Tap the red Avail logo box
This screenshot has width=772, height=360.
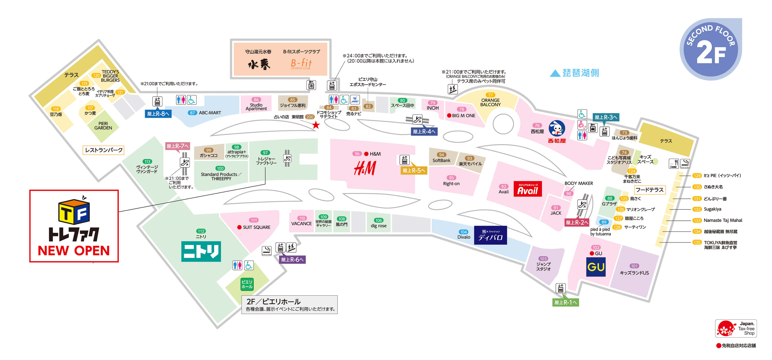point(527,189)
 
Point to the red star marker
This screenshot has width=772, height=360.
point(316,125)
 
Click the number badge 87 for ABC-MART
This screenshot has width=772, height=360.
point(192,113)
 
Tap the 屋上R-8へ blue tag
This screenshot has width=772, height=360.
point(158,114)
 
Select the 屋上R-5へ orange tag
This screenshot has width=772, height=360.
point(414,170)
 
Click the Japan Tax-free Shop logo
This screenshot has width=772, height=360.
point(736,329)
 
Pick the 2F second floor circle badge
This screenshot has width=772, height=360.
point(711,49)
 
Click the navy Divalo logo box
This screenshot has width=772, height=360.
point(490,235)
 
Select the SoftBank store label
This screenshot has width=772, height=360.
point(441,161)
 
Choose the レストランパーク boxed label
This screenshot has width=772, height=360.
point(104,150)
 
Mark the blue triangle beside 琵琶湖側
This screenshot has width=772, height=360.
point(555,73)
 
